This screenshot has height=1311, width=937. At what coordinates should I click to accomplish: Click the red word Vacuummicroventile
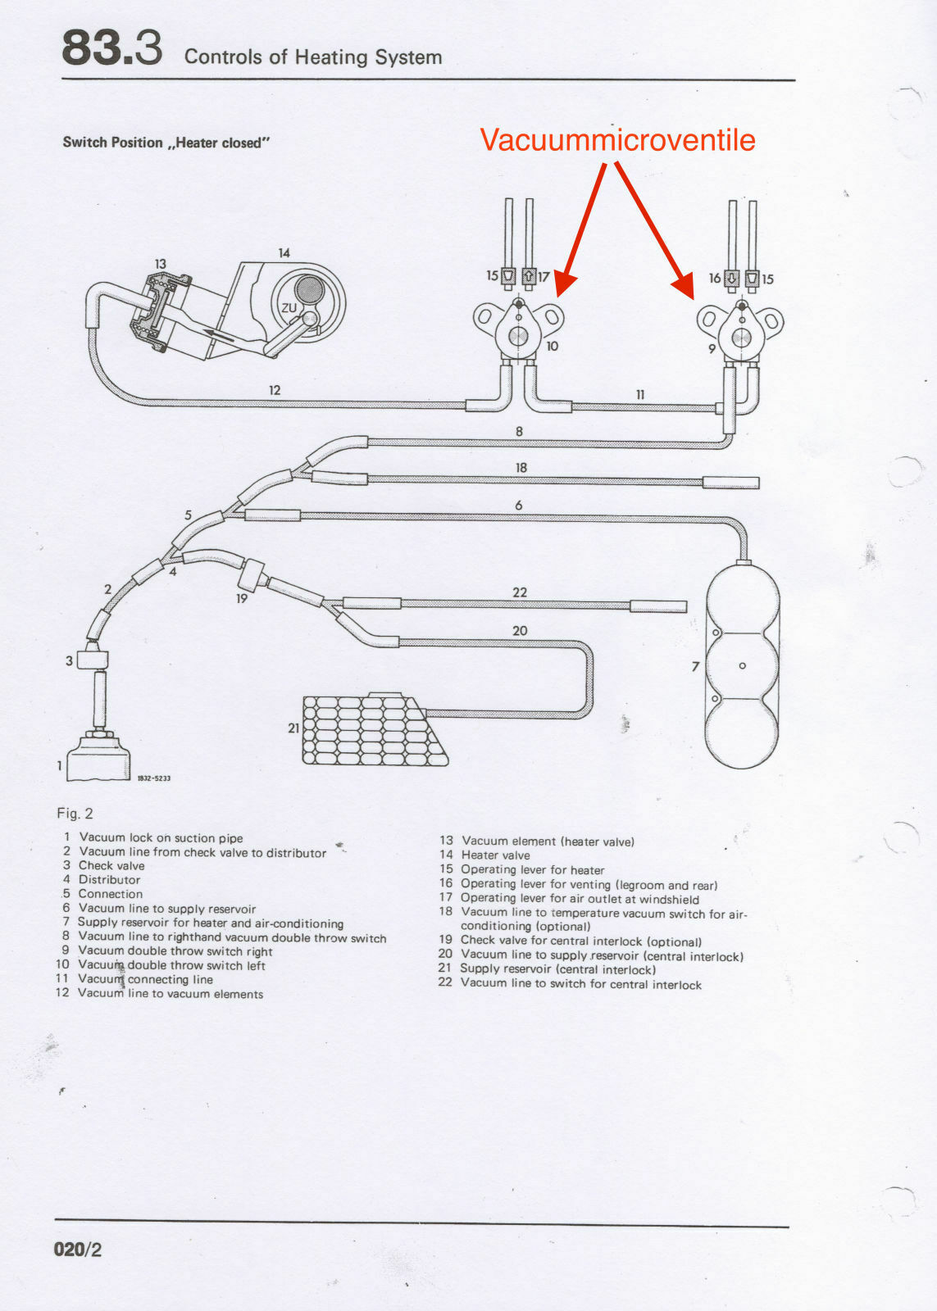616,139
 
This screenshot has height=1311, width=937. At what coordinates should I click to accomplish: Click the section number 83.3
111,49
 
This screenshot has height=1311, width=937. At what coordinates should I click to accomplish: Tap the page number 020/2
78,1250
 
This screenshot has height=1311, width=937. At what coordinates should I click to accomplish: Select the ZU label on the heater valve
289,308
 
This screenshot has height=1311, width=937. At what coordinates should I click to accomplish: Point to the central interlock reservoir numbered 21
373,729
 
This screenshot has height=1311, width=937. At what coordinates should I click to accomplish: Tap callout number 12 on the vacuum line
275,390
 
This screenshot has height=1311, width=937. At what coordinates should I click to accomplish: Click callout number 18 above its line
521,467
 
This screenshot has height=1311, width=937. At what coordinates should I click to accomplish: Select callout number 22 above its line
520,592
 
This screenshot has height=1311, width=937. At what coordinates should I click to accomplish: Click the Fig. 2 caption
75,813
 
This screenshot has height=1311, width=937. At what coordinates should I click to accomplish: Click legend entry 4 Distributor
102,880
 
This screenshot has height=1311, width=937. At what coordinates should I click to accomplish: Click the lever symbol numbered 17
529,276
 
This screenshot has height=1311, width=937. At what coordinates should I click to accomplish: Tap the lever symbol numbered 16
732,278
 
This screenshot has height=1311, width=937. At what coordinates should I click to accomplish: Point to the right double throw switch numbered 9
741,332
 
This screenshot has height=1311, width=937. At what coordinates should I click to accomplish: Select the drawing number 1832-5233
153,778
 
